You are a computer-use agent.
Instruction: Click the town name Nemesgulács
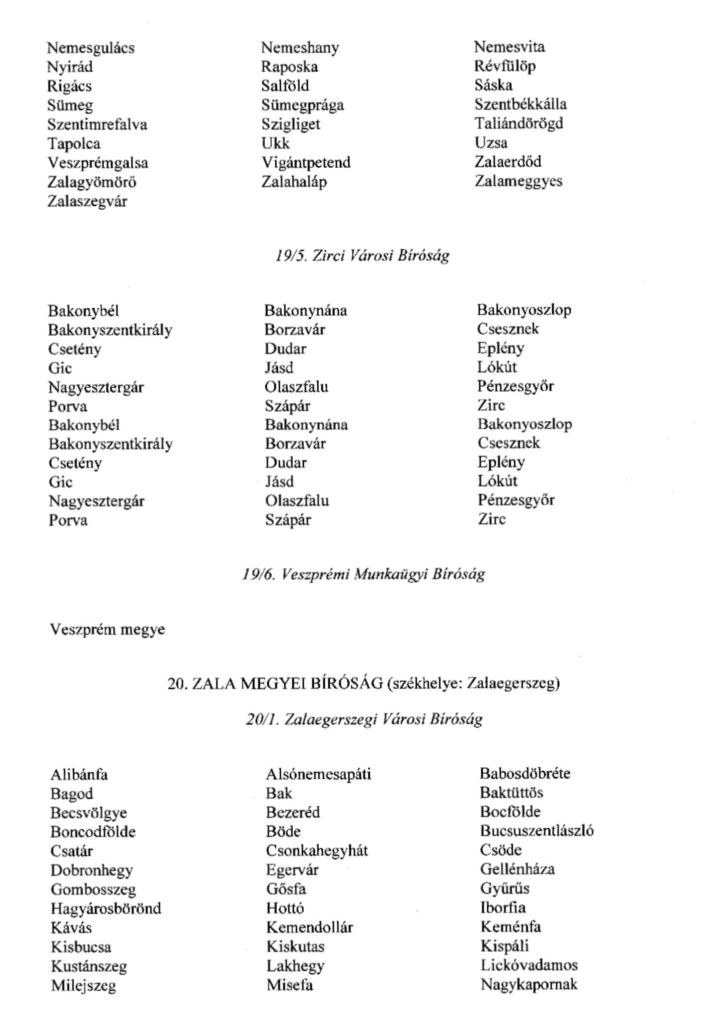90,48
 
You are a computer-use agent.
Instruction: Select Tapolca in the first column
74,144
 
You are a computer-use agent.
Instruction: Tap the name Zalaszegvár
87,202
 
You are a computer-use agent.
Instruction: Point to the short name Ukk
275,143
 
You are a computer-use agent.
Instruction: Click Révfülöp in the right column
505,66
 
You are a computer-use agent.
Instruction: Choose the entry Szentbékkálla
521,104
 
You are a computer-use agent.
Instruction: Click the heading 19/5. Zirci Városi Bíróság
362,256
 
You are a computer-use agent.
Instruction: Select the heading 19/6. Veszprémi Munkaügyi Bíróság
363,574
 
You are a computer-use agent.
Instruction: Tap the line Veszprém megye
107,629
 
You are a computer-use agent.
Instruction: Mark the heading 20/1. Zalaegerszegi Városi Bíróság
364,719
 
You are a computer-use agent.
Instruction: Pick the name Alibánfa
79,775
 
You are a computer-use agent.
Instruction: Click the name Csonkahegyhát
317,851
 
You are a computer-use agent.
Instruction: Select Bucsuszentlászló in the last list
537,831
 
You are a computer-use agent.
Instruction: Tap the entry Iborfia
503,908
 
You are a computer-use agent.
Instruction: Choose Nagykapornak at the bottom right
529,985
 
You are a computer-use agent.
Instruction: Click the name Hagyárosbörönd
106,908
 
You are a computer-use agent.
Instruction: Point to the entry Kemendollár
310,928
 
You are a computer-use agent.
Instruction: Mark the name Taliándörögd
519,123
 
